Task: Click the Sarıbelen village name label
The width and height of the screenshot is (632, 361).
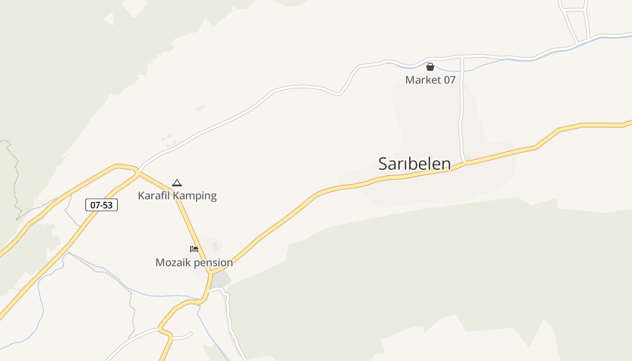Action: [414, 163]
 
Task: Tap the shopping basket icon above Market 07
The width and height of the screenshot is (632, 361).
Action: [430, 67]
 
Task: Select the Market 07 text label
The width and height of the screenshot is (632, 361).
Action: [430, 80]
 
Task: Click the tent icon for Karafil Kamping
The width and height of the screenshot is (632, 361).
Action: [177, 183]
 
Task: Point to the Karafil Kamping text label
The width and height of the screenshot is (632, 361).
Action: [177, 196]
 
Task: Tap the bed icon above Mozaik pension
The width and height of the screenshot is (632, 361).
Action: [194, 249]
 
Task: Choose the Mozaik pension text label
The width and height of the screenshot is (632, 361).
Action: [194, 263]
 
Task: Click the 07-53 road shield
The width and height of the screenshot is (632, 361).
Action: [102, 205]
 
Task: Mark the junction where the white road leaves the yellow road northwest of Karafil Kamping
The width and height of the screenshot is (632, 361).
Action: [138, 171]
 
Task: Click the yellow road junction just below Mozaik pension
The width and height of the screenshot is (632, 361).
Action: [210, 273]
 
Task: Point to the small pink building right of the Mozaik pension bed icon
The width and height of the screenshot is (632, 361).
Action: [216, 246]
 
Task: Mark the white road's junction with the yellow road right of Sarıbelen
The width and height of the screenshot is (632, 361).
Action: [464, 162]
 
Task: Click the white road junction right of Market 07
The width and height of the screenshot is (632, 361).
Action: [462, 58]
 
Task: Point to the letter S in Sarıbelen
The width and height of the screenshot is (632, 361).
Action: [383, 163]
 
